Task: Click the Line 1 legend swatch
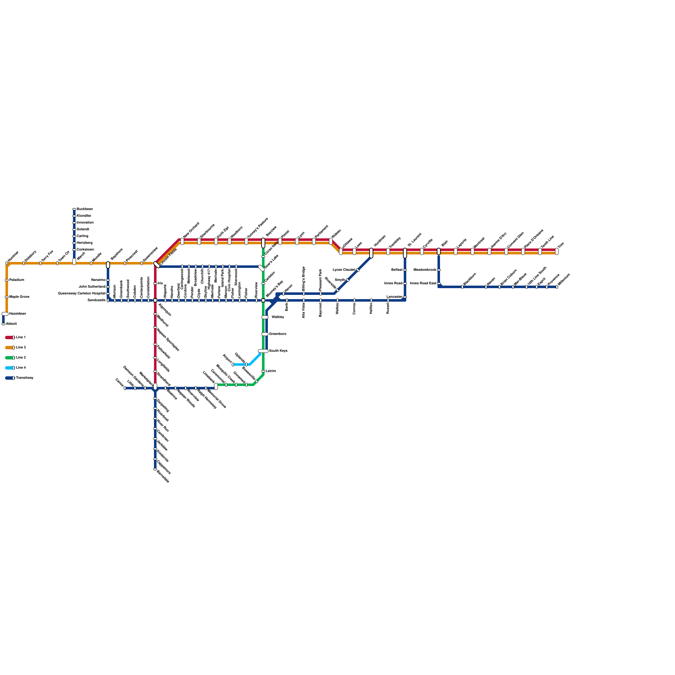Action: pos(9,337)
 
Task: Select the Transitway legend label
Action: pos(24,378)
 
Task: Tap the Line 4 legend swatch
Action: pos(9,368)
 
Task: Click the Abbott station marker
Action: pos(3,324)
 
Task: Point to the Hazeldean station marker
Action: pos(5,314)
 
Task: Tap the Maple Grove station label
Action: pos(19,297)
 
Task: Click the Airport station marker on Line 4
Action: pos(233,364)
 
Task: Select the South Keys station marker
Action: pos(263,351)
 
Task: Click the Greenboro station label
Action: pos(278,334)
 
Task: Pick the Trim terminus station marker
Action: pos(557,251)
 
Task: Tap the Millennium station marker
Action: pos(557,287)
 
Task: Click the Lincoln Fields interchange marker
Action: pos(157,265)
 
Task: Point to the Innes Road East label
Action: pos(423,283)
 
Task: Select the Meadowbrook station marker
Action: pos(439,270)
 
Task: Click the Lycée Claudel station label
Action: pos(344,270)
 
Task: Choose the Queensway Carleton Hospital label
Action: pos(81,294)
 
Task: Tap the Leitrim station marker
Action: pos(263,371)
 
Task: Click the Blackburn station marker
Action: pos(462,287)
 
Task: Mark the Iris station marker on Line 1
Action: pos(155,283)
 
